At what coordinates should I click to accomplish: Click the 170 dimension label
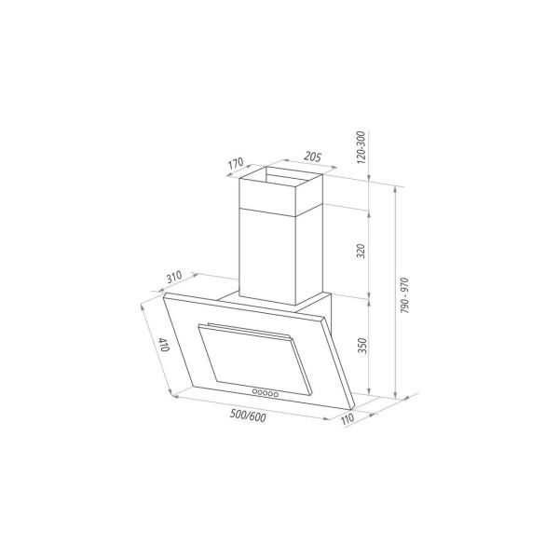tap(237, 166)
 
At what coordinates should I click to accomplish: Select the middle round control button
tap(266, 391)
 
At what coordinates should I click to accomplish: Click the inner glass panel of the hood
tap(252, 359)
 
